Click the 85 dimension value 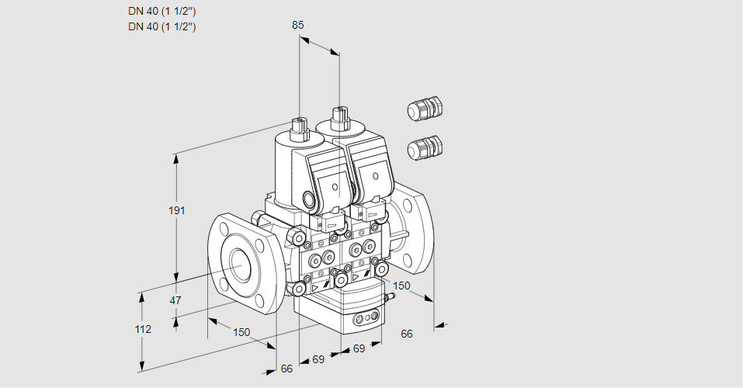[x=297, y=25]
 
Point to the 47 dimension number [x=175, y=300]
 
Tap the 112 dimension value [x=142, y=329]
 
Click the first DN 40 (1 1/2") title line [x=161, y=11]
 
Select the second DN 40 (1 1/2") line [x=161, y=26]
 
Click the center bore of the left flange [x=238, y=265]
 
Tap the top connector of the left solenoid [x=299, y=124]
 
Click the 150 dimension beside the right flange [x=401, y=286]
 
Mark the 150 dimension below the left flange [x=241, y=332]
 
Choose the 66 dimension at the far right [x=407, y=334]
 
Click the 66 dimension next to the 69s [x=286, y=369]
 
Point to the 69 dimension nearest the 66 [x=318, y=359]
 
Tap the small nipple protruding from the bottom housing [x=389, y=297]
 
